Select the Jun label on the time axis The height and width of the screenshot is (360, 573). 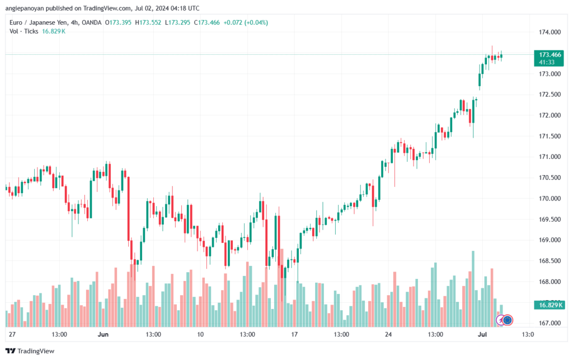[x=103, y=335]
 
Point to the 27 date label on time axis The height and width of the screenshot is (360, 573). [x=12, y=335]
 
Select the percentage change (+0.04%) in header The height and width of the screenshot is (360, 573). [x=255, y=22]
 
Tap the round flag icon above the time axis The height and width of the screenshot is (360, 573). [x=508, y=320]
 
